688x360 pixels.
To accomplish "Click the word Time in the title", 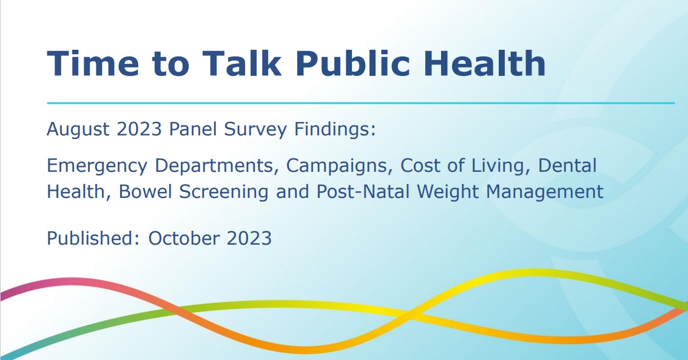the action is coord(93,63).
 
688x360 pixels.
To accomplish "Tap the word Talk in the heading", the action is coord(241,63).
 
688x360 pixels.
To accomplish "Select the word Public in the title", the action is coord(353,63).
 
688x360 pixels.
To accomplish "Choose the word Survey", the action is coord(255,130).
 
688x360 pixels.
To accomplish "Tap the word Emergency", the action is coord(97,166).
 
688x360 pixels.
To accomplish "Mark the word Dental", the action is coord(567,166).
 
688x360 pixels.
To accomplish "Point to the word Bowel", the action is coord(145,192).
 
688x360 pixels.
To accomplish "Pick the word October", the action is coord(184,239).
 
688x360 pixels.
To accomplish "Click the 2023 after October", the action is coord(249,239).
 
